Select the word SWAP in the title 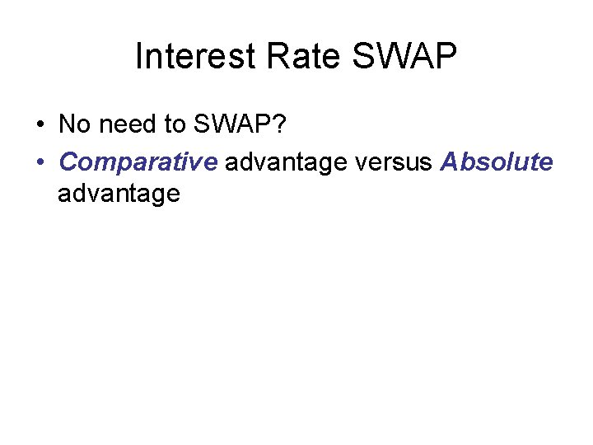(x=404, y=57)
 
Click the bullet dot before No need (x=40, y=125)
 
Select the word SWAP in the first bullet (x=230, y=124)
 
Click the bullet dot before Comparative (x=40, y=162)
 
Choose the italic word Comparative (x=138, y=162)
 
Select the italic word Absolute (x=497, y=162)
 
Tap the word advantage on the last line (x=119, y=195)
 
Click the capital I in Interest (x=138, y=57)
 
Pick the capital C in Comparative (x=68, y=162)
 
